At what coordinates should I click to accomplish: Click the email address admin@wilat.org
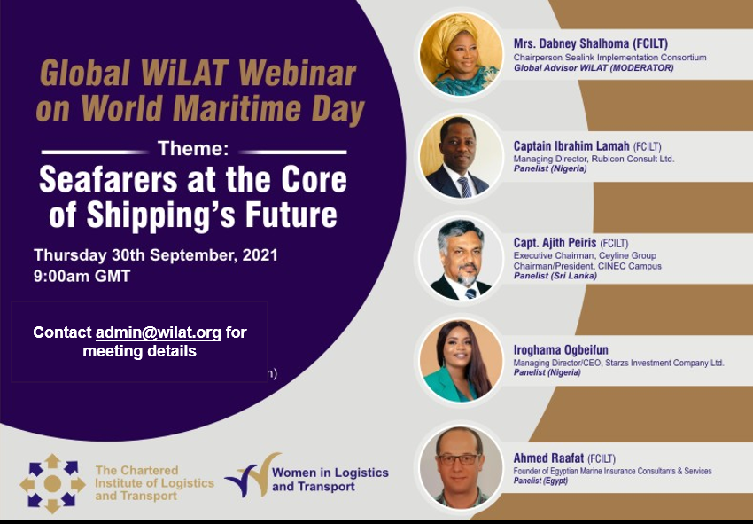[159, 332]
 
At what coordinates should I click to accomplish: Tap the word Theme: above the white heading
[193, 148]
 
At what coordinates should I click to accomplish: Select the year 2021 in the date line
[260, 254]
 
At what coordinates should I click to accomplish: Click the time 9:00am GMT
[82, 277]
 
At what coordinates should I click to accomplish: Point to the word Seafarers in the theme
[109, 180]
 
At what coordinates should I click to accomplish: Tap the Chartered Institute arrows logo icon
[52, 483]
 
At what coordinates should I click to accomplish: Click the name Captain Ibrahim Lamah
[571, 146]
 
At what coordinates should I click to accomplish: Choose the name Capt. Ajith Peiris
[555, 243]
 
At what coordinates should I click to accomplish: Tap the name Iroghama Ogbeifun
[561, 350]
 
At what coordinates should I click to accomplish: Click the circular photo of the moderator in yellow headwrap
[461, 54]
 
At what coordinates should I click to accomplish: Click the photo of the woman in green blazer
[461, 361]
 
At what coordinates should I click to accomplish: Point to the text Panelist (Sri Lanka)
[555, 276]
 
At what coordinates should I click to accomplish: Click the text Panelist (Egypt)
[540, 481]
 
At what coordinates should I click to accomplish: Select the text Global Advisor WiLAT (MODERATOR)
[594, 67]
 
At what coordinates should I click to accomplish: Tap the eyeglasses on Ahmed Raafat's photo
[458, 459]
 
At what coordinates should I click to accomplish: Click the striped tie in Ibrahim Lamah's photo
[464, 186]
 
